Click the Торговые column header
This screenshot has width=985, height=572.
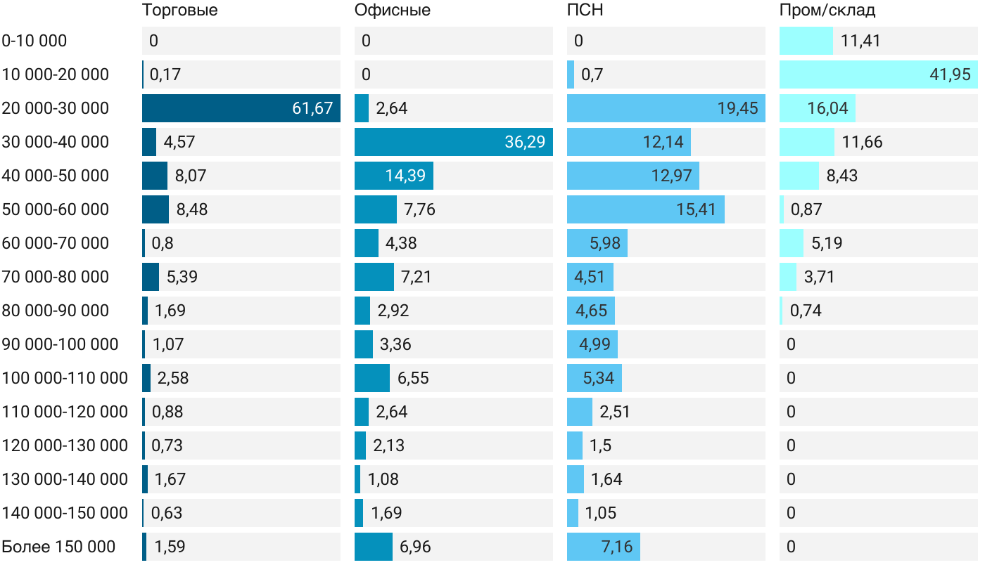click(179, 11)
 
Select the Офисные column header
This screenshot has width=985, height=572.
click(393, 11)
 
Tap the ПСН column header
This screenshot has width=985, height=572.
click(585, 11)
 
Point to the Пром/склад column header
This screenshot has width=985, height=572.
click(827, 11)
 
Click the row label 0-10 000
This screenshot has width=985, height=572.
click(34, 41)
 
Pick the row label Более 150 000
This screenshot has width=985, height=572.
click(58, 547)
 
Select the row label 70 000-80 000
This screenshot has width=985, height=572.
click(56, 277)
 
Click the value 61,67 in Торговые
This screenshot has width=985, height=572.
click(312, 108)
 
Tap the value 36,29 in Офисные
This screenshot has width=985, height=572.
click(525, 142)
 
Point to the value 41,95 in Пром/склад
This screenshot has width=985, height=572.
click(950, 74)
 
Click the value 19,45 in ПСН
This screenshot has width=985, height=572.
click(737, 108)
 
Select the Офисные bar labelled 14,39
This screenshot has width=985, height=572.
click(394, 176)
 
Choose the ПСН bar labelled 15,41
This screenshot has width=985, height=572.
click(646, 209)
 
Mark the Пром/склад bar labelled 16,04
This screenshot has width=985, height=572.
click(818, 108)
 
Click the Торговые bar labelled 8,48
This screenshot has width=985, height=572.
click(155, 209)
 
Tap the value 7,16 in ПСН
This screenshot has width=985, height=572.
click(617, 547)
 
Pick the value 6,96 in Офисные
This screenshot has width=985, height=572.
click(415, 547)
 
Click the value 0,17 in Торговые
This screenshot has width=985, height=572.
click(165, 74)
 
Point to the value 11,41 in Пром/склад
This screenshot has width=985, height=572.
click(860, 41)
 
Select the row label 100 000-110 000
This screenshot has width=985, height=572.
click(65, 378)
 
